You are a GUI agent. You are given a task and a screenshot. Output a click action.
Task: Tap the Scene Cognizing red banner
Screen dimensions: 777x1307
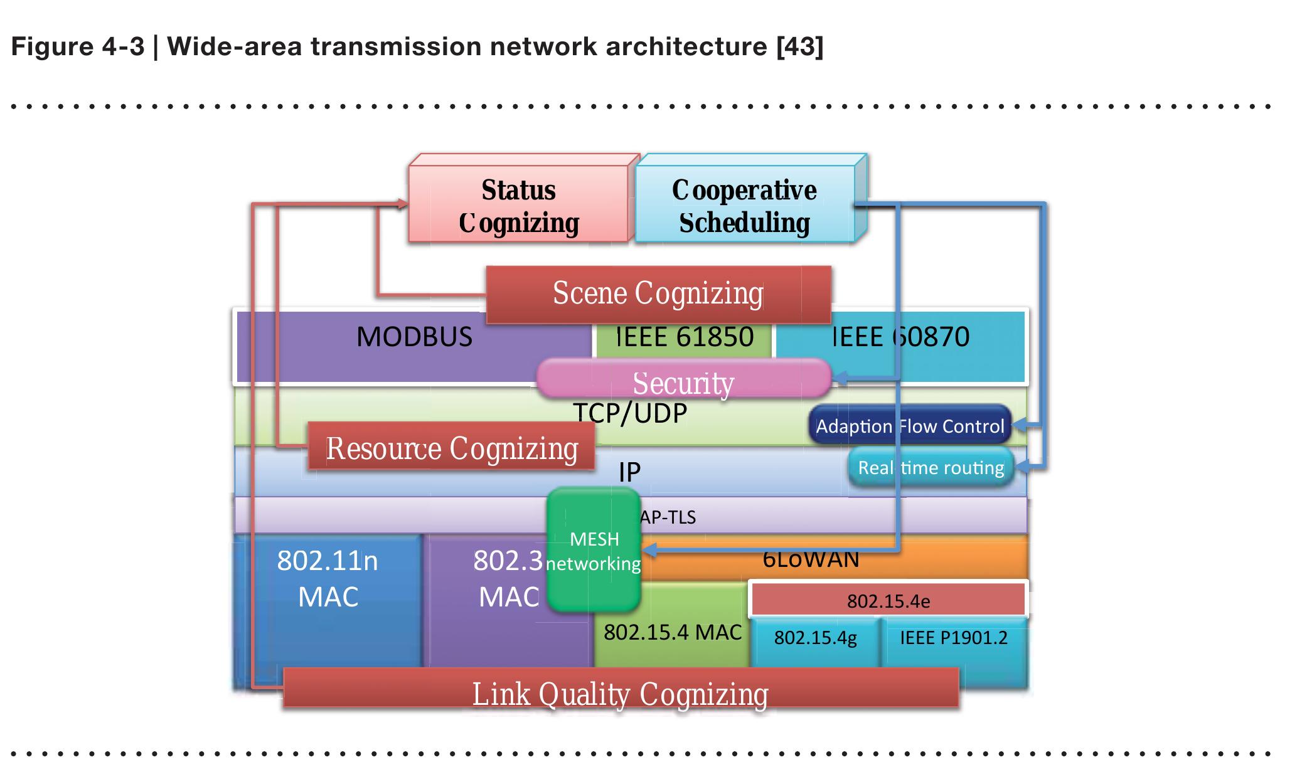pos(658,293)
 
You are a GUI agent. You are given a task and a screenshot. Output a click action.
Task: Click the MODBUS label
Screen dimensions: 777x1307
pos(414,337)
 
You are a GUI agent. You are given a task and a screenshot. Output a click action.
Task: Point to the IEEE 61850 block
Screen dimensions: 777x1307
pos(684,337)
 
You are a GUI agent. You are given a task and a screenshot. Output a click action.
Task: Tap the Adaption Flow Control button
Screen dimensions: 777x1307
pos(910,426)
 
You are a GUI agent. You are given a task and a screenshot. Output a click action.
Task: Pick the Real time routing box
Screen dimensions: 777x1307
pos(931,468)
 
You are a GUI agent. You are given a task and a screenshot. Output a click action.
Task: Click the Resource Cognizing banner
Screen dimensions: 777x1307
pos(451,448)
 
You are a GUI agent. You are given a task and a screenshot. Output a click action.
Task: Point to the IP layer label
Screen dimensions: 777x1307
pos(629,472)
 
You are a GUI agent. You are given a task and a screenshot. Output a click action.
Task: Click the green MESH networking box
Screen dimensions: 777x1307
pos(594,551)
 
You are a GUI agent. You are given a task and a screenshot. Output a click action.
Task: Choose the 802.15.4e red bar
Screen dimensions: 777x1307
pos(888,601)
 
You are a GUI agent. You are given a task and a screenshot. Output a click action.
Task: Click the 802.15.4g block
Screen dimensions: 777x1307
pos(815,638)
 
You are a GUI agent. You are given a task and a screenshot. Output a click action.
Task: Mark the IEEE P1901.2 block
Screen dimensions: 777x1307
pos(953,638)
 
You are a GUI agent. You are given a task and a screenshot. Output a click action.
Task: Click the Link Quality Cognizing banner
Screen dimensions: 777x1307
pos(620,692)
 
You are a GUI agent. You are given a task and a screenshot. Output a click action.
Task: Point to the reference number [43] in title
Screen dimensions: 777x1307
pos(799,46)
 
